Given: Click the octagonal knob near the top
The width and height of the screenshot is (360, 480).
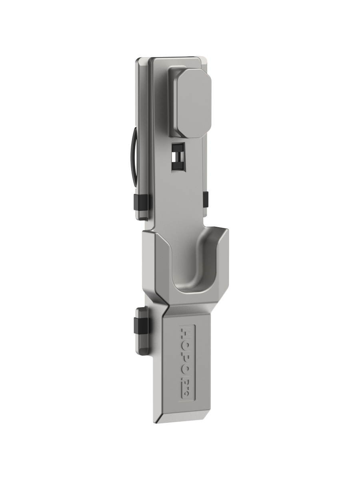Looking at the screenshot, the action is click(x=194, y=104).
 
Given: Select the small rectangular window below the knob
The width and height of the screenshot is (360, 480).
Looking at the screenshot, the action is click(x=178, y=157).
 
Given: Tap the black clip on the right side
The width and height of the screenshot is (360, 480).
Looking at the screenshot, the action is click(x=206, y=200).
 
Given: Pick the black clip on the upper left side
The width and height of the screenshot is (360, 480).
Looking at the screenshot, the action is click(x=141, y=202).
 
